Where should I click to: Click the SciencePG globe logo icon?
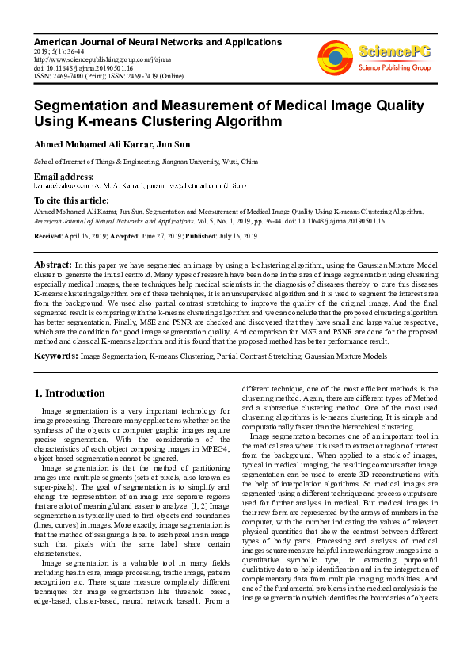(x=335, y=55)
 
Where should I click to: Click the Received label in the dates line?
(x=49, y=237)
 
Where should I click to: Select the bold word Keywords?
(x=55, y=356)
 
